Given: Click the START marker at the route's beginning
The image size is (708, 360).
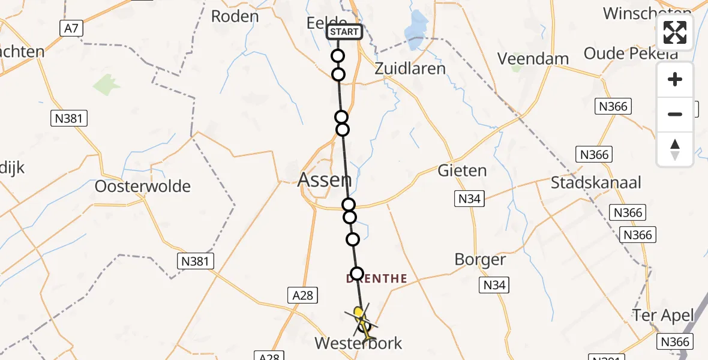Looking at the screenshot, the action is pos(344,32).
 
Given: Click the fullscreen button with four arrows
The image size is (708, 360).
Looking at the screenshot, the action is pos(675,32).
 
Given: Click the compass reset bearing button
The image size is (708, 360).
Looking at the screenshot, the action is pos(675,149).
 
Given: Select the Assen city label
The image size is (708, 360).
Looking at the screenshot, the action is pos(325,179).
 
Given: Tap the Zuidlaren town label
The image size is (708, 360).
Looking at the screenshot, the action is pos(410,68).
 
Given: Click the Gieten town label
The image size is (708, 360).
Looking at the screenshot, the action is pos(462,170).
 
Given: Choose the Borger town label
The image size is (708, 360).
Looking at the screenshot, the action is pos(480,259).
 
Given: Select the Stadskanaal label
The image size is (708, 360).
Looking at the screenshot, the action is pos(596,182).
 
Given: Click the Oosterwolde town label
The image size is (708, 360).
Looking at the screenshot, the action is pos(143,186).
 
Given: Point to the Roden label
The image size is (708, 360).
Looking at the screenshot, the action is pos(235,16).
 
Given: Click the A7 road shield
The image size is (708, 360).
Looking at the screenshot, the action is pos(71,27).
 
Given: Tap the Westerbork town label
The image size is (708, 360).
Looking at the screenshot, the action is pos(359,343).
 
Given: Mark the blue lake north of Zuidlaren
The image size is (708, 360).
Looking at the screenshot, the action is pos(415,33).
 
